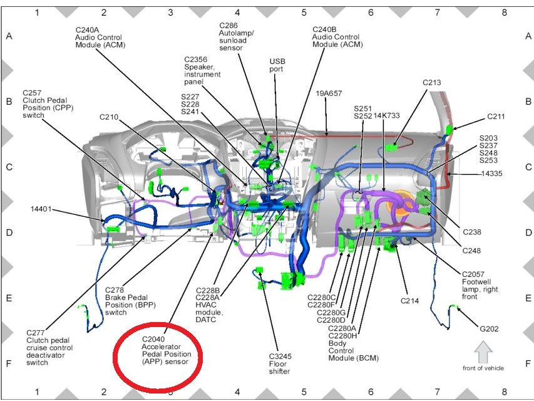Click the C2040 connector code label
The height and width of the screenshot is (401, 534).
[x=153, y=338]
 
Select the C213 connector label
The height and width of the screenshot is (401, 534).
[x=432, y=82]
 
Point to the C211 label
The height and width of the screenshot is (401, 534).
[x=496, y=117]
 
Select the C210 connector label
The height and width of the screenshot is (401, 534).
[x=110, y=117]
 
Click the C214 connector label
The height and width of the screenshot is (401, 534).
[x=409, y=301]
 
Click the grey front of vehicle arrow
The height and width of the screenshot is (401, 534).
[x=483, y=352]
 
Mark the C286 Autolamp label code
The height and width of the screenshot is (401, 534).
[x=228, y=25]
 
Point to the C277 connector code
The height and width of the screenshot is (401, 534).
[x=37, y=332]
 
